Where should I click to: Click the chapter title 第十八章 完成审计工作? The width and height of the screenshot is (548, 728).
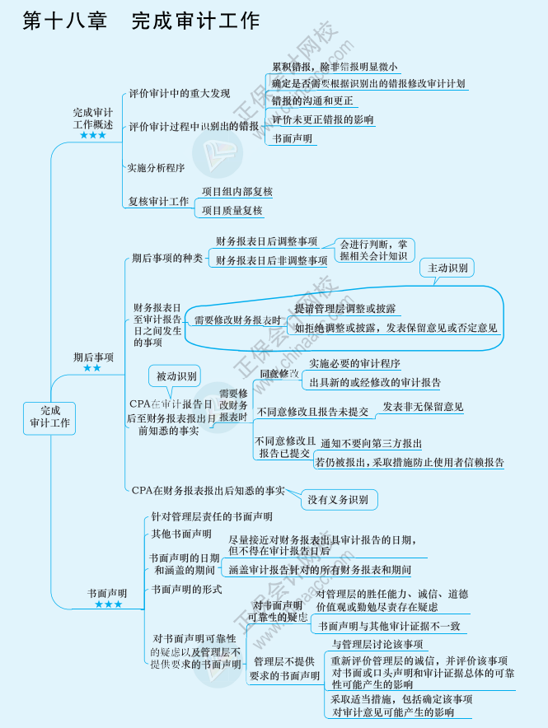pos(142,21)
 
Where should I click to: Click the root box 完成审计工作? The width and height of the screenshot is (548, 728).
pos(49,418)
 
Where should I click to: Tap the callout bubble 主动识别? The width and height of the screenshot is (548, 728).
pos(447,268)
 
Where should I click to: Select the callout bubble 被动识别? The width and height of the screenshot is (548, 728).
pos(177,377)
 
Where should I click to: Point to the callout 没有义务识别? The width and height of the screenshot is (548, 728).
pos(338,499)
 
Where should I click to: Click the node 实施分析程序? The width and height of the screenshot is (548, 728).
pos(156,167)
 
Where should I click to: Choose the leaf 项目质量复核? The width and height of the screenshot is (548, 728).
pos(232,210)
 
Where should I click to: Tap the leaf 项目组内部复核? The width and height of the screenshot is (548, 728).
pos(237,191)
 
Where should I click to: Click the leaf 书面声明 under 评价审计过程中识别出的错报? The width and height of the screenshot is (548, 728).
pos(293,138)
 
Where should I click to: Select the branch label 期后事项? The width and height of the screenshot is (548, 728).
pos(93,357)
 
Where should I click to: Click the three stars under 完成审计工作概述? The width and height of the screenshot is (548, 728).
pos(93,135)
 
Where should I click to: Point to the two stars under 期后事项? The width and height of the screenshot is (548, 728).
pos(92,368)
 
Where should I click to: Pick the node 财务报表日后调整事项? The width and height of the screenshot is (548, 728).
pos(266,241)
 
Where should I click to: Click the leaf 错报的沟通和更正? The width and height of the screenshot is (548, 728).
pos(312,100)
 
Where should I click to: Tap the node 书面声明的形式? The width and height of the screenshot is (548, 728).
pos(187,589)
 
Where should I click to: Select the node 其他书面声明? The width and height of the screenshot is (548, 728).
pos(181,534)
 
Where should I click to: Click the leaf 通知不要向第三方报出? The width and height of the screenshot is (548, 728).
pos(372,443)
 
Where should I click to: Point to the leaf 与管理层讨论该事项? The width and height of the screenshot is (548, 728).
pos(377,644)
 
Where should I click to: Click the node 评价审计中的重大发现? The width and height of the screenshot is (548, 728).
pos(180,93)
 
